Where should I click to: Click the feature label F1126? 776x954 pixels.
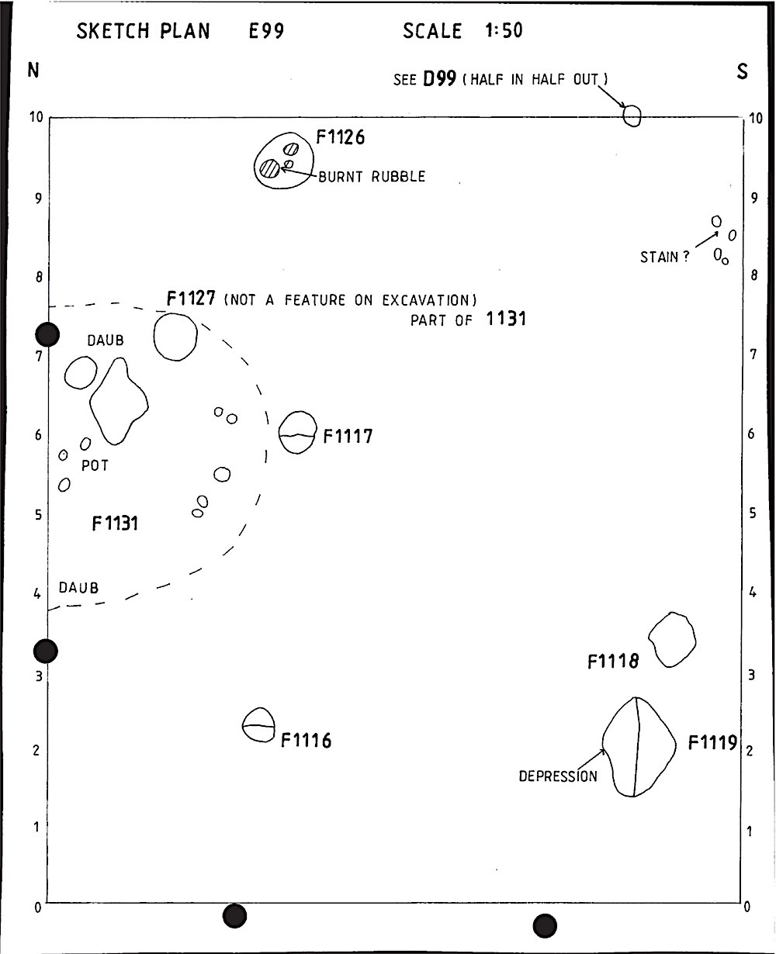pyautogui.click(x=341, y=137)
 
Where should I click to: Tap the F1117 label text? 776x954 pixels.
pyautogui.click(x=348, y=436)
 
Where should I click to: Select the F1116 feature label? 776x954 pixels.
pyautogui.click(x=306, y=741)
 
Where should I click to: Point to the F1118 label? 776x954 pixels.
pyautogui.click(x=613, y=661)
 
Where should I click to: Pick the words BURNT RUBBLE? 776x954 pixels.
pyautogui.click(x=372, y=177)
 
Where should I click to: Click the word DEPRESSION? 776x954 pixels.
pyautogui.click(x=558, y=776)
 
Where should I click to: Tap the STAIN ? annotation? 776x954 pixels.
pyautogui.click(x=664, y=257)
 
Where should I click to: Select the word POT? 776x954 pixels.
pyautogui.click(x=95, y=466)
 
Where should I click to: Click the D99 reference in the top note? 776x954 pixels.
pyautogui.click(x=439, y=79)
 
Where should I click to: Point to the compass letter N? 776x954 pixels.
pyautogui.click(x=33, y=70)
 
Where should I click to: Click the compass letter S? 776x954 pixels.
pyautogui.click(x=742, y=71)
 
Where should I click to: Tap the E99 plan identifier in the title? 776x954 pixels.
pyautogui.click(x=266, y=31)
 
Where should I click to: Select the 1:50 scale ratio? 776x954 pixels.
pyautogui.click(x=504, y=30)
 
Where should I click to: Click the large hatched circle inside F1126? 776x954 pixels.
pyautogui.click(x=270, y=168)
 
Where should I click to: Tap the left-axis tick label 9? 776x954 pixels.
pyautogui.click(x=39, y=199)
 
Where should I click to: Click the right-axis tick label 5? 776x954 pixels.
pyautogui.click(x=753, y=513)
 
